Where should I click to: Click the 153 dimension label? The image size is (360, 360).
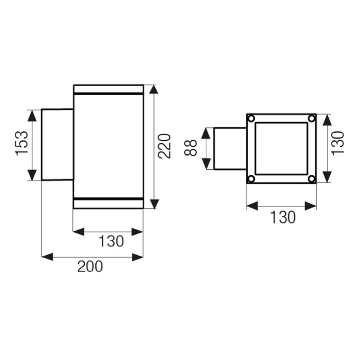22,143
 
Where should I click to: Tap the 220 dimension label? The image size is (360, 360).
165,146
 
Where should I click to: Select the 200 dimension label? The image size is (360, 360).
90,266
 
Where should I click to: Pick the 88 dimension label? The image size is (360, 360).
191,148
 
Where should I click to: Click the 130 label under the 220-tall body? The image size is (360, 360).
111,241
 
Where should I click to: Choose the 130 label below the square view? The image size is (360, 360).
283,217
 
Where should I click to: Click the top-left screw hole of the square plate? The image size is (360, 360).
252,119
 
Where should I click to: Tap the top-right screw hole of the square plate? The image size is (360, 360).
311,119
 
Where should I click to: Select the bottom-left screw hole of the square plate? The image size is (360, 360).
252,179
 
